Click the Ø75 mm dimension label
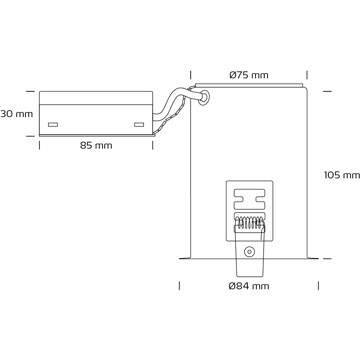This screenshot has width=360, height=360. tap(249, 75)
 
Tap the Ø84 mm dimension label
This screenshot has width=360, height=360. tap(249, 286)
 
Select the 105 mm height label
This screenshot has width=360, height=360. tap(342, 175)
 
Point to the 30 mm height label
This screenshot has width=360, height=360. tap(17, 114)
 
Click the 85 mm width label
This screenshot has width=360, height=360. tap(96, 146)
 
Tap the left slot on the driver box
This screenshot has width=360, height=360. tap(53, 125)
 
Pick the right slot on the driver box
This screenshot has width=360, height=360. tap(139, 125)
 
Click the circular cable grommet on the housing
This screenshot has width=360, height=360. tap(204, 97)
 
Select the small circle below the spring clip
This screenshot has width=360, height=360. tap(248, 252)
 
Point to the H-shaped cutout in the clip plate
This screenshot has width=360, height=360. tap(250, 199)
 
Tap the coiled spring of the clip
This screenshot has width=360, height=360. tap(250, 222)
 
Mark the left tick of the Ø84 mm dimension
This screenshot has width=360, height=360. tap(180, 286)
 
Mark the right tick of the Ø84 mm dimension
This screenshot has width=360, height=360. tap(318, 286)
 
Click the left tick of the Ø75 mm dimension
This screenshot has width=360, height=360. tap(191, 75)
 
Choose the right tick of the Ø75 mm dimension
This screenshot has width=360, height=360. tap(307, 75)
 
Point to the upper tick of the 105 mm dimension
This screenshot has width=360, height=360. tap(327, 91)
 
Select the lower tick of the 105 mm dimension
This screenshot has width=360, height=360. tap(327, 258)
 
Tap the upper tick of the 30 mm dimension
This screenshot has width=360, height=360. tap(30, 91)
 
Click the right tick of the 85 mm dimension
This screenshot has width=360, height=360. tap(153, 146)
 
